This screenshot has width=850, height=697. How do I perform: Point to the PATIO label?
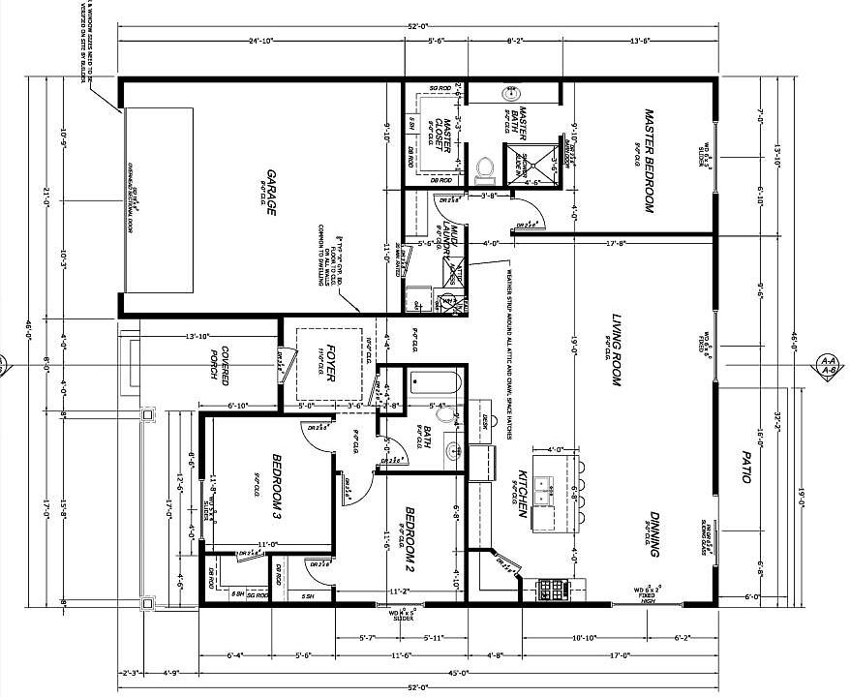click(x=745, y=469)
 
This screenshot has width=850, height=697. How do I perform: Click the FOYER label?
click(x=330, y=363)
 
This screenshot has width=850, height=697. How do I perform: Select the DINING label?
click(x=655, y=534)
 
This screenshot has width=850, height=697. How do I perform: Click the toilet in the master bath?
click(x=485, y=169)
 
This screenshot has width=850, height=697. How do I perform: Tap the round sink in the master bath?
click(x=510, y=94)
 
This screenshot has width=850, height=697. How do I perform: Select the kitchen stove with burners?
click(x=555, y=588)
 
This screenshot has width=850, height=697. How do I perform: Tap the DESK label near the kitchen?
click(x=484, y=422)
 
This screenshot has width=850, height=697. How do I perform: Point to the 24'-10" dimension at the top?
click(x=260, y=41)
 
